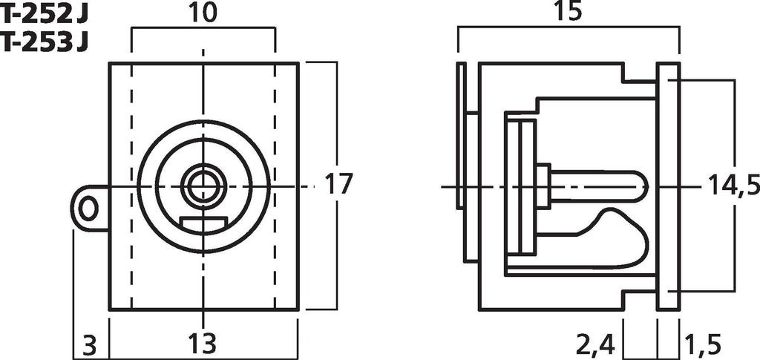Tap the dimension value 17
click(x=338, y=184)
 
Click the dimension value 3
click(x=89, y=344)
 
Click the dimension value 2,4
click(x=596, y=344)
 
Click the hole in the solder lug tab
click(x=88, y=209)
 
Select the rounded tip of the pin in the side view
click(x=640, y=186)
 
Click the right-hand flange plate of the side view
click(x=668, y=186)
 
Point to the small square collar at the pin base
click(x=543, y=186)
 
